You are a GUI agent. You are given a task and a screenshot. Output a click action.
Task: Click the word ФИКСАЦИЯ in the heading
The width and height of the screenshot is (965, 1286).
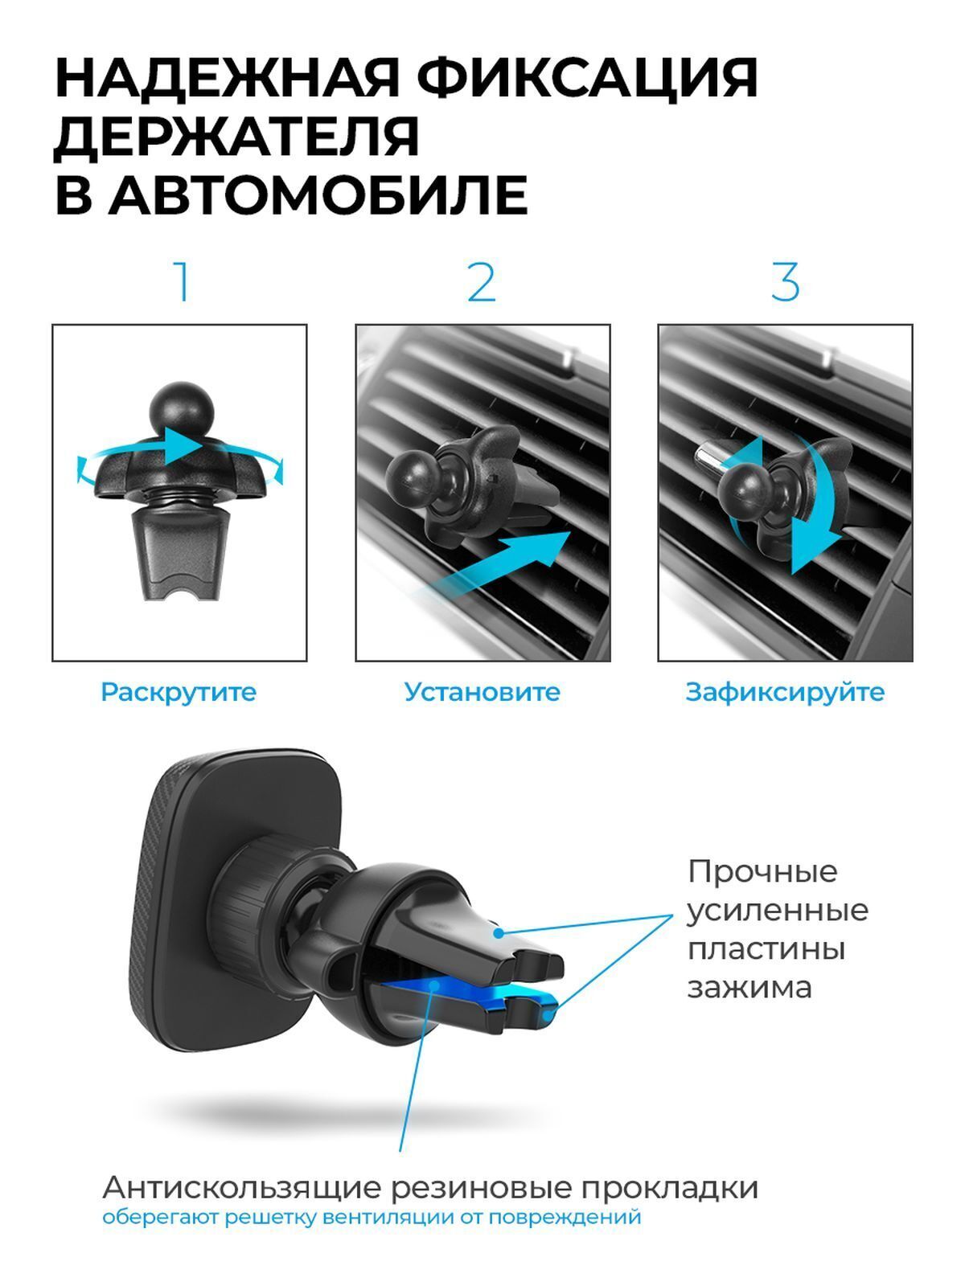coord(588,79)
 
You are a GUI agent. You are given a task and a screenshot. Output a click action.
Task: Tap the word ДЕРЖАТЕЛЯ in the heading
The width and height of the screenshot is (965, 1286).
coord(236,137)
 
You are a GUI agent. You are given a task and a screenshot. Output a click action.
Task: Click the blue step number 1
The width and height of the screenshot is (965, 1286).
coord(183,282)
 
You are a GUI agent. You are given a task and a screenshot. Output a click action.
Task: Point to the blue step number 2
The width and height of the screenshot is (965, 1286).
coord(482,282)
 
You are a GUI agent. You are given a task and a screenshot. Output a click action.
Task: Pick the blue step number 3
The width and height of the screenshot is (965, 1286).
coord(785,282)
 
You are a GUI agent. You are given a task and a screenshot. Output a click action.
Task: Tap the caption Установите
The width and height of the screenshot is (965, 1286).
coord(482,692)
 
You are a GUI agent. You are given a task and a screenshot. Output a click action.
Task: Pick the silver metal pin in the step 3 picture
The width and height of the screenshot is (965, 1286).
coord(709,457)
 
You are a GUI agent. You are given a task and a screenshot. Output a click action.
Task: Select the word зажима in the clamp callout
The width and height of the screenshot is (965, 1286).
coord(749,989)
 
